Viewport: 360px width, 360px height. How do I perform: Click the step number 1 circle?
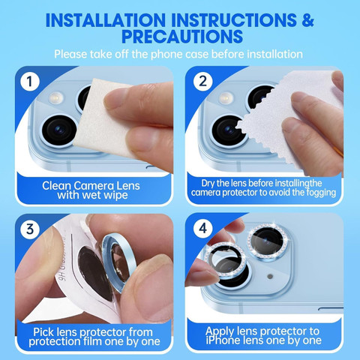[30, 82]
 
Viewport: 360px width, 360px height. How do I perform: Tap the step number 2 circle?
[202, 82]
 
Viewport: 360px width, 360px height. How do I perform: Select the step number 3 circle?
[30, 229]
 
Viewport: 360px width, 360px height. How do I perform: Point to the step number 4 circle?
[202, 228]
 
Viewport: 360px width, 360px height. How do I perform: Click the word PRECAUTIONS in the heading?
[182, 37]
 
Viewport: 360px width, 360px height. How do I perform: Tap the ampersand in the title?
[307, 20]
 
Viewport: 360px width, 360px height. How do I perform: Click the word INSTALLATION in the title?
[106, 20]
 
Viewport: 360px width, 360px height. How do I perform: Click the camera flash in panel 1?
[56, 97]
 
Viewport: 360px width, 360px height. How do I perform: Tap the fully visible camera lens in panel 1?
[59, 130]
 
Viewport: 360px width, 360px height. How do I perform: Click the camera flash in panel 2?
[226, 97]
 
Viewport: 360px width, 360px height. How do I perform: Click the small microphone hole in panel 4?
[270, 276]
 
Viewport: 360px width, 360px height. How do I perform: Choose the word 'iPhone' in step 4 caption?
[221, 340]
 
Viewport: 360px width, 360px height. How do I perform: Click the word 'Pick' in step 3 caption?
[43, 332]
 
